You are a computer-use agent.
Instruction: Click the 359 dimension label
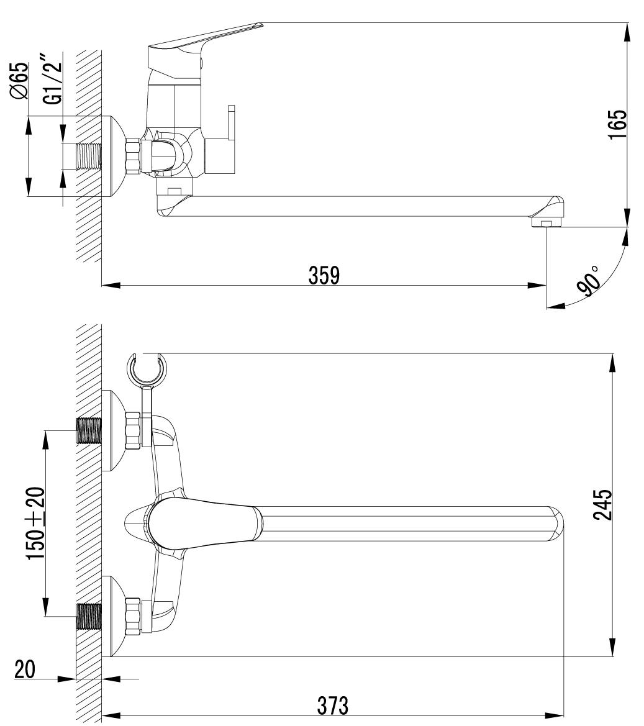coord(324,275)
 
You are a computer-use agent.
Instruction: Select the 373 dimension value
coord(332,706)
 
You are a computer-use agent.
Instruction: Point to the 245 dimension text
coord(602,504)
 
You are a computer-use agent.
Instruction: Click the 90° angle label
coord(588,279)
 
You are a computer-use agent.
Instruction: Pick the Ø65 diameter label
coord(19,80)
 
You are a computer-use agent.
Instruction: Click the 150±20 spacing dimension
coord(35,523)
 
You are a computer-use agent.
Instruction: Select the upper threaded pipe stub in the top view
coord(89,430)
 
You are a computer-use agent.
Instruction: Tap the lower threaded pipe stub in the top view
coord(89,616)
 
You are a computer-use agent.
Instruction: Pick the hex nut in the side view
coord(134,156)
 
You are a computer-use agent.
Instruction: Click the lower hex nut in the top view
coord(133,616)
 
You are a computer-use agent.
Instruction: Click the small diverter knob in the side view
coord(230,123)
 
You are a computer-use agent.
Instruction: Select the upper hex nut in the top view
coord(133,430)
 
